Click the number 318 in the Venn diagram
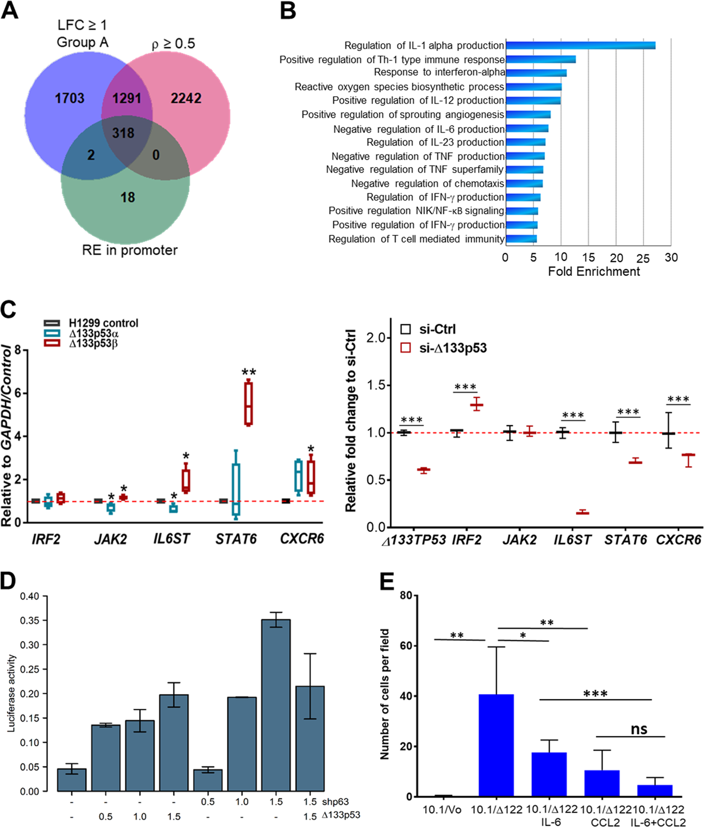click(123, 133)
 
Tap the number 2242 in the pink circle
click(186, 98)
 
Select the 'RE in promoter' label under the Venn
click(130, 250)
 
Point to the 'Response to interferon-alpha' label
click(439, 72)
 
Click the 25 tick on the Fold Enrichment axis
click(643, 258)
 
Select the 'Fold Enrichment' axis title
click(593, 271)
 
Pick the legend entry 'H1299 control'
click(103, 323)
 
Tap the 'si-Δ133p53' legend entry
click(452, 348)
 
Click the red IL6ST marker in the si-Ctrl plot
click(582, 512)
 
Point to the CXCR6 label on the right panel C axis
click(678, 540)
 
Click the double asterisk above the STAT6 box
click(249, 372)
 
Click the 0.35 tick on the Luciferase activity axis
click(29, 620)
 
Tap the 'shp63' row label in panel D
click(335, 802)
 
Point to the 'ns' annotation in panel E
click(639, 729)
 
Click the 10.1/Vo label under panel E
click(442, 810)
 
